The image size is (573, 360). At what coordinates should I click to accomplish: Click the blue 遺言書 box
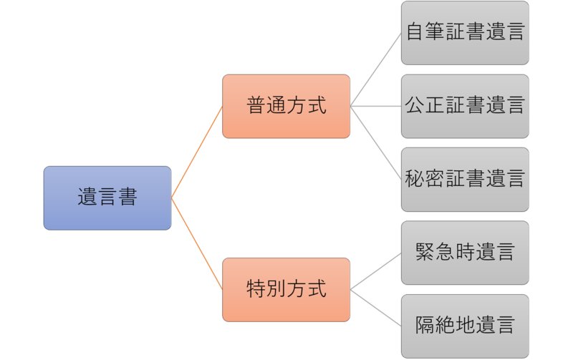(107, 198)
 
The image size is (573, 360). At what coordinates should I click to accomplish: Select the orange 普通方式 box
(286, 106)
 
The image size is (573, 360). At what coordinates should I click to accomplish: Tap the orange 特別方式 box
(286, 290)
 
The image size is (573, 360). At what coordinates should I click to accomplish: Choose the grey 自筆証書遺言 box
(465, 33)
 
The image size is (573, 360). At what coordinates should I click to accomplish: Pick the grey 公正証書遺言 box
(465, 106)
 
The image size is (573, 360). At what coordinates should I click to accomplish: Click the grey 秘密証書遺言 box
(465, 180)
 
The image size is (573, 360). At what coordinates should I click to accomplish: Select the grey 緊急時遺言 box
(465, 253)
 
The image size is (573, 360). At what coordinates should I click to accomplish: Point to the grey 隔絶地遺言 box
(465, 326)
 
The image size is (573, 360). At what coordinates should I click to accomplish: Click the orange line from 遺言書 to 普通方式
(196, 152)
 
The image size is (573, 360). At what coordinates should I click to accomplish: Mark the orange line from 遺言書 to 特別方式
(196, 244)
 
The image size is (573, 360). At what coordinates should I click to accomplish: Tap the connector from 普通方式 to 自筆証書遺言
(375, 69)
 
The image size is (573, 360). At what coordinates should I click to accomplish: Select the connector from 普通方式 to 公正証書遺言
(375, 106)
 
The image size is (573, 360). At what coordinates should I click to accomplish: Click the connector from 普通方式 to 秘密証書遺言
(375, 142)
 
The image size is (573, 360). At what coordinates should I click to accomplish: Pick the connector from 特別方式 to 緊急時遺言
(375, 271)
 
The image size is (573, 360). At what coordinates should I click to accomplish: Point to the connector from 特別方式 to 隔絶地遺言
(375, 308)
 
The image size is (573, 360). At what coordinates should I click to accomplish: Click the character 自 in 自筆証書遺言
(415, 31)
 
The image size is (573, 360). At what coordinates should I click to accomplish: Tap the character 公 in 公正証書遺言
(414, 104)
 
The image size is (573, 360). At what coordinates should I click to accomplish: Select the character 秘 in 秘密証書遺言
(414, 178)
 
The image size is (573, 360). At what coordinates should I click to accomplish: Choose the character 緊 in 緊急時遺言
(425, 251)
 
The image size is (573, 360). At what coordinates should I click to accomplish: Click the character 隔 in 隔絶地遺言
(425, 325)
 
